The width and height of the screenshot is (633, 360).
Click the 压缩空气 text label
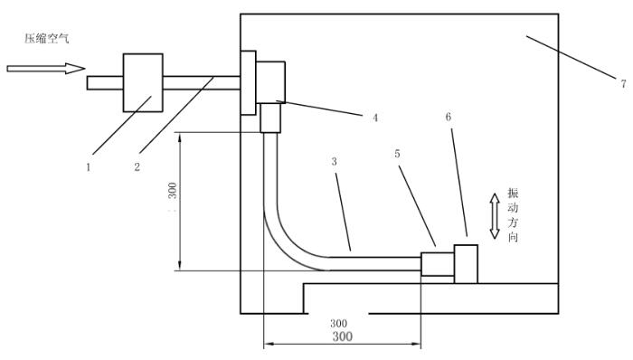click(x=47, y=38)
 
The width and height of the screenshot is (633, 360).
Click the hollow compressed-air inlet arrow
click(x=46, y=69)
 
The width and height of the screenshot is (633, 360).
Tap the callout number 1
click(x=89, y=167)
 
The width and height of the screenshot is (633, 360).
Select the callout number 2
click(x=137, y=166)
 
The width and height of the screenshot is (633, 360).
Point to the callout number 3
click(x=335, y=161)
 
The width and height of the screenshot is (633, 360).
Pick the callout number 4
click(x=375, y=118)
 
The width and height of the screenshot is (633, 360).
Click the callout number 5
click(x=398, y=154)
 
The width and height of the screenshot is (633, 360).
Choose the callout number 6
click(x=449, y=117)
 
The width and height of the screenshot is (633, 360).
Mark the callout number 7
click(x=624, y=83)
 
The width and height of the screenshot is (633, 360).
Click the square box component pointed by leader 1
click(x=143, y=82)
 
